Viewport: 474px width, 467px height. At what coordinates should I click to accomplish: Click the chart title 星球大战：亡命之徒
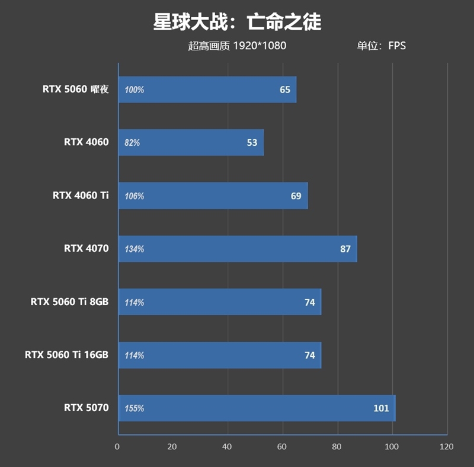pyautogui.click(x=237, y=22)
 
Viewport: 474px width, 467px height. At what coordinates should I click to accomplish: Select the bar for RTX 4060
pyautogui.click(x=191, y=143)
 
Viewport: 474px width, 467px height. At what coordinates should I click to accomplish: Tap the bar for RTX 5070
pyautogui.click(x=257, y=408)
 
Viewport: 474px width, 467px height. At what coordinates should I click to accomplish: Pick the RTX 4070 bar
pyautogui.click(x=237, y=249)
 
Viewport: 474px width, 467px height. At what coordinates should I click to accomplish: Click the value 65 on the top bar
pyautogui.click(x=285, y=90)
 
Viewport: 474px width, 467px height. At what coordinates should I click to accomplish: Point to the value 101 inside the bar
pyautogui.click(x=381, y=408)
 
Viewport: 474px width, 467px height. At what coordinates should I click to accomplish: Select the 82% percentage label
pyautogui.click(x=133, y=143)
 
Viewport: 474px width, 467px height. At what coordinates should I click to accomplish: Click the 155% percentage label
pyautogui.click(x=134, y=408)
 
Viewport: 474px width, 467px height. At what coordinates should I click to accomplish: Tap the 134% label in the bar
pyautogui.click(x=134, y=249)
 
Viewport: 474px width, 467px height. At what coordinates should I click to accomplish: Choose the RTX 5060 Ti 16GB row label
pyautogui.click(x=67, y=355)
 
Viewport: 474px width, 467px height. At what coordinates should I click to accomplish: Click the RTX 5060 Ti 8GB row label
pyautogui.click(x=70, y=302)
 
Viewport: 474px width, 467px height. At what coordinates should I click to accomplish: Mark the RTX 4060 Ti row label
pyautogui.click(x=81, y=196)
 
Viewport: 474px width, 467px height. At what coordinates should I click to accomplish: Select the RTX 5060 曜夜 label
pyautogui.click(x=76, y=89)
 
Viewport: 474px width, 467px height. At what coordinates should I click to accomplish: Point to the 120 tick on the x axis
pyautogui.click(x=447, y=446)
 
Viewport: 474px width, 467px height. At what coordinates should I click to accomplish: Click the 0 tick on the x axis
pyautogui.click(x=117, y=446)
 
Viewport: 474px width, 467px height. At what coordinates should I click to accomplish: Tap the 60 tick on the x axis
pyautogui.click(x=282, y=446)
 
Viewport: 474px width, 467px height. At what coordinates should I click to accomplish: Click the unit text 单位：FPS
pyautogui.click(x=381, y=46)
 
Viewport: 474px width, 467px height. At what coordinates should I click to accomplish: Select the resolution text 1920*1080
pyautogui.click(x=260, y=46)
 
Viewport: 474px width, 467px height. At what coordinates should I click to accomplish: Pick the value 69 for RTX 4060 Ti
pyautogui.click(x=296, y=196)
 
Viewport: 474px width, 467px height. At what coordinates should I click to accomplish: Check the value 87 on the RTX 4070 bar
pyautogui.click(x=345, y=249)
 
